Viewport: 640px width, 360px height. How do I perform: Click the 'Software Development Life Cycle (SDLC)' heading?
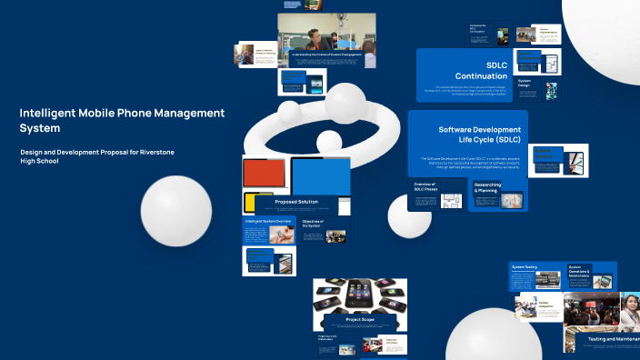pos(479,135)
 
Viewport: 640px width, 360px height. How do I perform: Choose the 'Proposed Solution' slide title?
pos(296,202)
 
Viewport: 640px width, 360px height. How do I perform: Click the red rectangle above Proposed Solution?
pos(265,175)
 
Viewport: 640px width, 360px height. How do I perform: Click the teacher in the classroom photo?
pos(313,38)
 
